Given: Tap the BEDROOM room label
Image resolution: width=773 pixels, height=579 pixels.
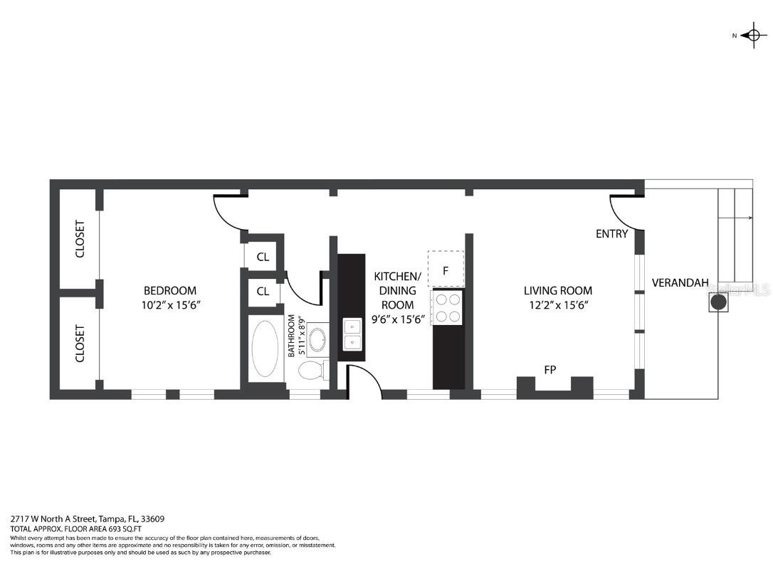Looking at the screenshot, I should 169,290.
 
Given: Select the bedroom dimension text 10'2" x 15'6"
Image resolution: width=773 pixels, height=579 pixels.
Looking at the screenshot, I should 169,305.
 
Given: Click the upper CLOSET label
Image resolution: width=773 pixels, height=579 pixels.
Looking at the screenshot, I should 80,239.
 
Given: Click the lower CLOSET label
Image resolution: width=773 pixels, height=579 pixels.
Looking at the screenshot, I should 80,344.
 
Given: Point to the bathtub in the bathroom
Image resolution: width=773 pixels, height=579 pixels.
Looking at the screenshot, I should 266,349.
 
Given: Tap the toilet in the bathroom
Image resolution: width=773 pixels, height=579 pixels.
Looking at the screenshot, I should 312,370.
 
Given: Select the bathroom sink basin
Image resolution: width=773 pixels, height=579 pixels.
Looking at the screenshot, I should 317,340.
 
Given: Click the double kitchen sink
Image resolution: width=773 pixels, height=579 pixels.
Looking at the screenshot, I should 352,334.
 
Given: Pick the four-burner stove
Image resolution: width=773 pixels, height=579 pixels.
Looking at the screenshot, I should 447,307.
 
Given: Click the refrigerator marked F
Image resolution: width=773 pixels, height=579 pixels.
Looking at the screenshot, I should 446,270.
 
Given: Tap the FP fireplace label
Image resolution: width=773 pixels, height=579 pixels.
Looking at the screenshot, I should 549,369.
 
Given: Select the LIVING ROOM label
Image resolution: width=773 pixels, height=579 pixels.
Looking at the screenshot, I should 557,290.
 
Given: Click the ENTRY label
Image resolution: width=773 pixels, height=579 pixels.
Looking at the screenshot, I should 611,233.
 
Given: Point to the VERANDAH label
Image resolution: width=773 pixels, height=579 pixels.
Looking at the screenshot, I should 680,283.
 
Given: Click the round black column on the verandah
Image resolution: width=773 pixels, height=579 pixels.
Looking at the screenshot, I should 719,302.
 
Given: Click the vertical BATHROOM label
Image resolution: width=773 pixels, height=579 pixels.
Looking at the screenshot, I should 292,336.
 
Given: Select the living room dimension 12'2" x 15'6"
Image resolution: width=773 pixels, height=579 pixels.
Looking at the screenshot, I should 557,305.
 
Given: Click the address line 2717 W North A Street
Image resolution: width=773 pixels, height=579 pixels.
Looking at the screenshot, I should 88,519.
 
